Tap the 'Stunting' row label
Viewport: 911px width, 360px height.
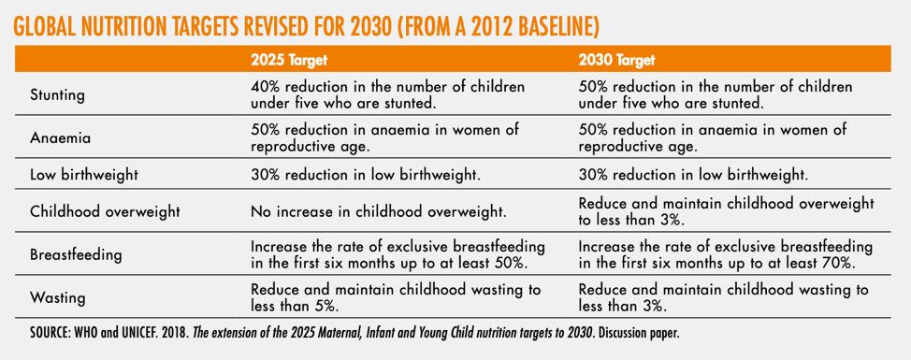pos(57,94)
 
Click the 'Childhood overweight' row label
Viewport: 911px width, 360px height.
pos(105,211)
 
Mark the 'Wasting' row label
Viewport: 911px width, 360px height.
pos(57,298)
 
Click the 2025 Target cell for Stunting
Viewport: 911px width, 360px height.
pos(387,94)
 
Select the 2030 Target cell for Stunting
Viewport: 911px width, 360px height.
pos(716,94)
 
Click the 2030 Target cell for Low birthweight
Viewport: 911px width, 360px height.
pos(693,175)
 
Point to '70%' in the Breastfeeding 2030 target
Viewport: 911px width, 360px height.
pos(839,263)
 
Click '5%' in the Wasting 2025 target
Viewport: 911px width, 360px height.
pos(325,306)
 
